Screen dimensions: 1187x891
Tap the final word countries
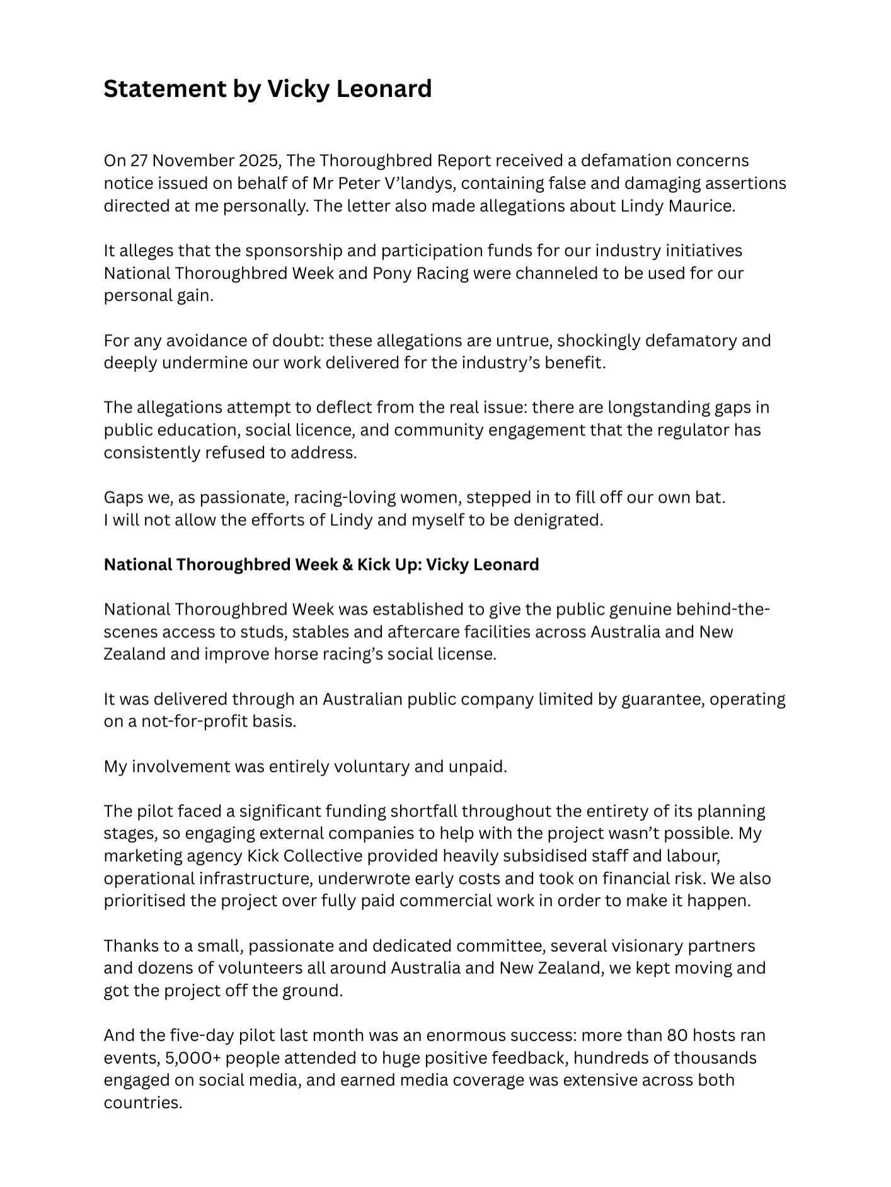click(142, 1103)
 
